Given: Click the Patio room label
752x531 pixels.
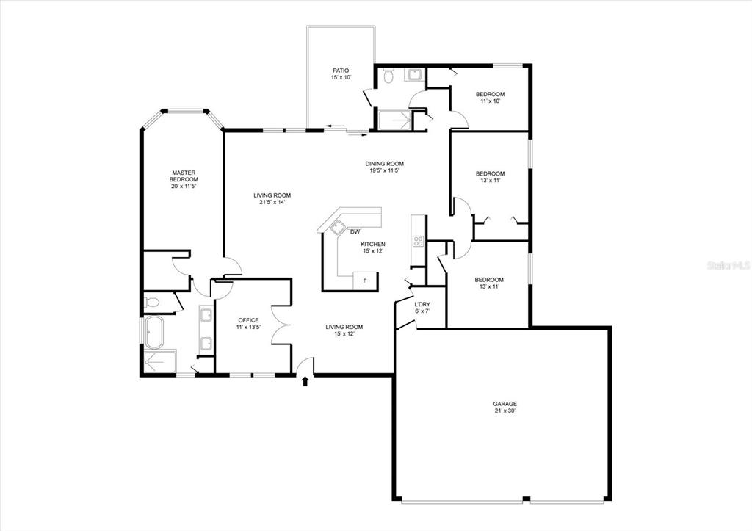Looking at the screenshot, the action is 341,74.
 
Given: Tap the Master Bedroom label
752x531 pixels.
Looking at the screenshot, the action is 184,179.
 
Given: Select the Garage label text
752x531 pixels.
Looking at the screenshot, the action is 505,407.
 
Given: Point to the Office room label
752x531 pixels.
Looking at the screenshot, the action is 248,324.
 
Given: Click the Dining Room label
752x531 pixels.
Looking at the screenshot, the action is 384,167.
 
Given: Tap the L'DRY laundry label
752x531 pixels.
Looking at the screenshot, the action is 422,307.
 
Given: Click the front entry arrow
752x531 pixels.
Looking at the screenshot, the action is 305,381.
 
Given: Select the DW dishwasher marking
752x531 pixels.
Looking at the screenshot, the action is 355,233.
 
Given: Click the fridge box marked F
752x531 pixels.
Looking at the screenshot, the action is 366,281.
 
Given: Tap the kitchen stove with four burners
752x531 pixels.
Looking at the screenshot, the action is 418,242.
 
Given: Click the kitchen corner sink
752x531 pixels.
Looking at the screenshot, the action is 339,227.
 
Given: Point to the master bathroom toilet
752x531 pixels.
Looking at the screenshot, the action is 152,302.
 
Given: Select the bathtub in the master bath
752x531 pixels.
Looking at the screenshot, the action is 154,332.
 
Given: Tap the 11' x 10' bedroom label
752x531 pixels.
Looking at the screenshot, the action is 490,98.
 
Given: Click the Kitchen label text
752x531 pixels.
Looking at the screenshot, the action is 373,247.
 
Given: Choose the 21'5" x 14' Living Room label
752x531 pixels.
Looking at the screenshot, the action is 272,198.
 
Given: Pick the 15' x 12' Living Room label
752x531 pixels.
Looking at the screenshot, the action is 344,330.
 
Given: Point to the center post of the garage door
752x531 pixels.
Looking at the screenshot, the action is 526,499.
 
